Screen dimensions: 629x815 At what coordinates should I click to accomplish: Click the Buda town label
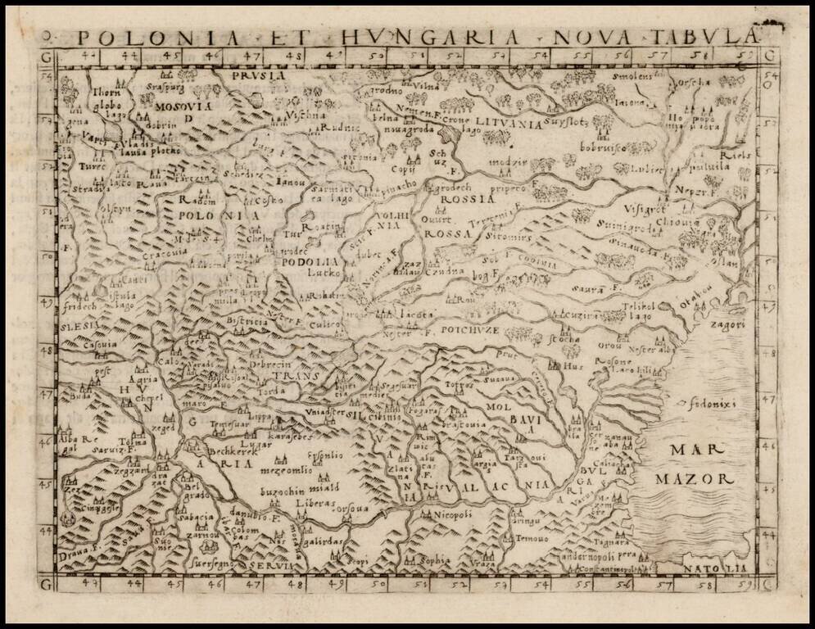tap(82, 396)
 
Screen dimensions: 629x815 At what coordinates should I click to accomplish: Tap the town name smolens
tap(631, 76)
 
